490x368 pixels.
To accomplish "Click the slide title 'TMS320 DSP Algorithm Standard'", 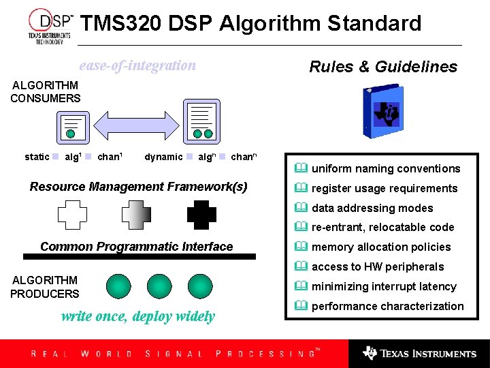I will pos(250,23).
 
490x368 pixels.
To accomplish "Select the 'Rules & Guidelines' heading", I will pos(383,67).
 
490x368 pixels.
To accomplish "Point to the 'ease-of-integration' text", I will pos(137,66).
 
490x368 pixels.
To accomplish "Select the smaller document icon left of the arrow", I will pos(71,127).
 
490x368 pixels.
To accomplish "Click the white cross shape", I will pos(72,214).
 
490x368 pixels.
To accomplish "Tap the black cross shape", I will pos(201,214).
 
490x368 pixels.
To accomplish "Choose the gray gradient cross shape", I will pos(136,214).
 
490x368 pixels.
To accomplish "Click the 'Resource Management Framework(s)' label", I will pos(139,187).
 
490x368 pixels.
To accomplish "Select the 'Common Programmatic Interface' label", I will pos(136,247).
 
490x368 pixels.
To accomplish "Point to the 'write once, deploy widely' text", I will pos(138,316).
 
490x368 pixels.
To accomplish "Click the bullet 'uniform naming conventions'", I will pos(385,169).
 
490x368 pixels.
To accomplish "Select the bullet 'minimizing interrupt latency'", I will pos(384,287).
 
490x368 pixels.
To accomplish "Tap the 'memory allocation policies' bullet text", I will pos(381,247).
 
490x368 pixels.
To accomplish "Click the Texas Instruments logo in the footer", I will pos(419,354).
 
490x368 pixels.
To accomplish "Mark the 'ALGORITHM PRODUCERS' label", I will pos(45,287).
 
